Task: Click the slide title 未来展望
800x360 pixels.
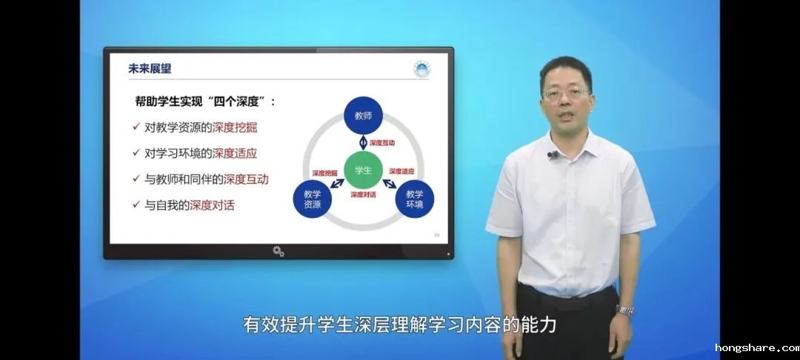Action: tap(150, 69)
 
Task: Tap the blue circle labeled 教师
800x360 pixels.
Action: tap(363, 116)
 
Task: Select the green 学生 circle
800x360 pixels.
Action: tap(363, 170)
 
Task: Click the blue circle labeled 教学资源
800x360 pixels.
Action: tap(313, 199)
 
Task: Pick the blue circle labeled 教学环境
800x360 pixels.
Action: tap(415, 199)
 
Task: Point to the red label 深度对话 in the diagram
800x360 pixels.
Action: tap(363, 195)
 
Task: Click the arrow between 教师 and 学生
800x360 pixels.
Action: tap(363, 143)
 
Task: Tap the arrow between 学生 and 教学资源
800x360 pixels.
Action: tap(337, 182)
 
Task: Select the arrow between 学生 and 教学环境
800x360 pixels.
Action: tap(390, 183)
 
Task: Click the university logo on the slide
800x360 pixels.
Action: tap(422, 69)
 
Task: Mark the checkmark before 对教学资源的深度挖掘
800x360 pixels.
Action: tap(136, 127)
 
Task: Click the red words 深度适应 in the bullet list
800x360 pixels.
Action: tap(235, 153)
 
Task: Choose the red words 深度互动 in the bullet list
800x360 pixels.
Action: tap(246, 179)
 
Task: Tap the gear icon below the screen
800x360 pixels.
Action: tap(278, 251)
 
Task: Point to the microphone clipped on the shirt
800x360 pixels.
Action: tap(552, 155)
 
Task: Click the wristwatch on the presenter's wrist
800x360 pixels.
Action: tap(624, 310)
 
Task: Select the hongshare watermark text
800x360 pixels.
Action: tap(757, 348)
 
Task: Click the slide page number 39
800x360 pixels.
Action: tap(437, 235)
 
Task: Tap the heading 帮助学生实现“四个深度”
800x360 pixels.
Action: tap(205, 101)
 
